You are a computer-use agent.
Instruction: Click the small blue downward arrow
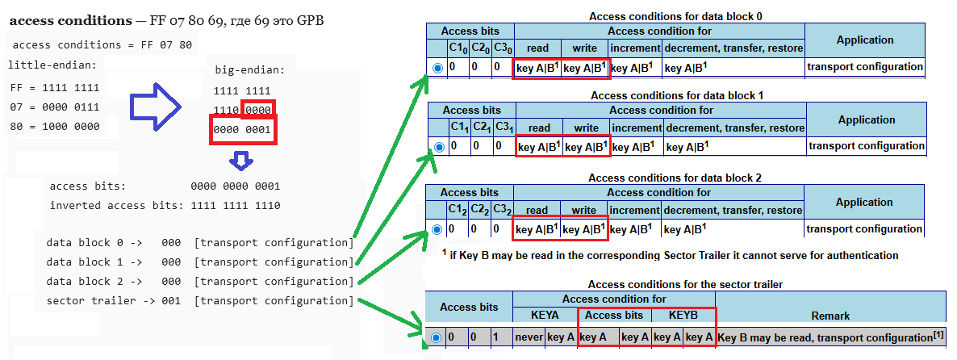(240, 161)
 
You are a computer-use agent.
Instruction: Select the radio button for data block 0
(438, 69)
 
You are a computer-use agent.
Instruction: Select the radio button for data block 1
(439, 148)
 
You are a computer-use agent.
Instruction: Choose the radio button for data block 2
(438, 230)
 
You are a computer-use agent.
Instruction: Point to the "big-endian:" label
(250, 70)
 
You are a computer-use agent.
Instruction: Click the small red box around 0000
(258, 109)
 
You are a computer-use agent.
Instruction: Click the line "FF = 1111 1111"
(55, 88)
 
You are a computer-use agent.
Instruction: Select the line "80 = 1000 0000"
(55, 127)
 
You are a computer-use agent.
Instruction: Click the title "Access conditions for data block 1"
(676, 95)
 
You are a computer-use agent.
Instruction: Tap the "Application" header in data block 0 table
(865, 40)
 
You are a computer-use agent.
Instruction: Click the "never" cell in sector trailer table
(529, 337)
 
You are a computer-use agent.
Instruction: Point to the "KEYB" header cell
(683, 315)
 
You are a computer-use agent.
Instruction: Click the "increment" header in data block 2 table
(635, 210)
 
